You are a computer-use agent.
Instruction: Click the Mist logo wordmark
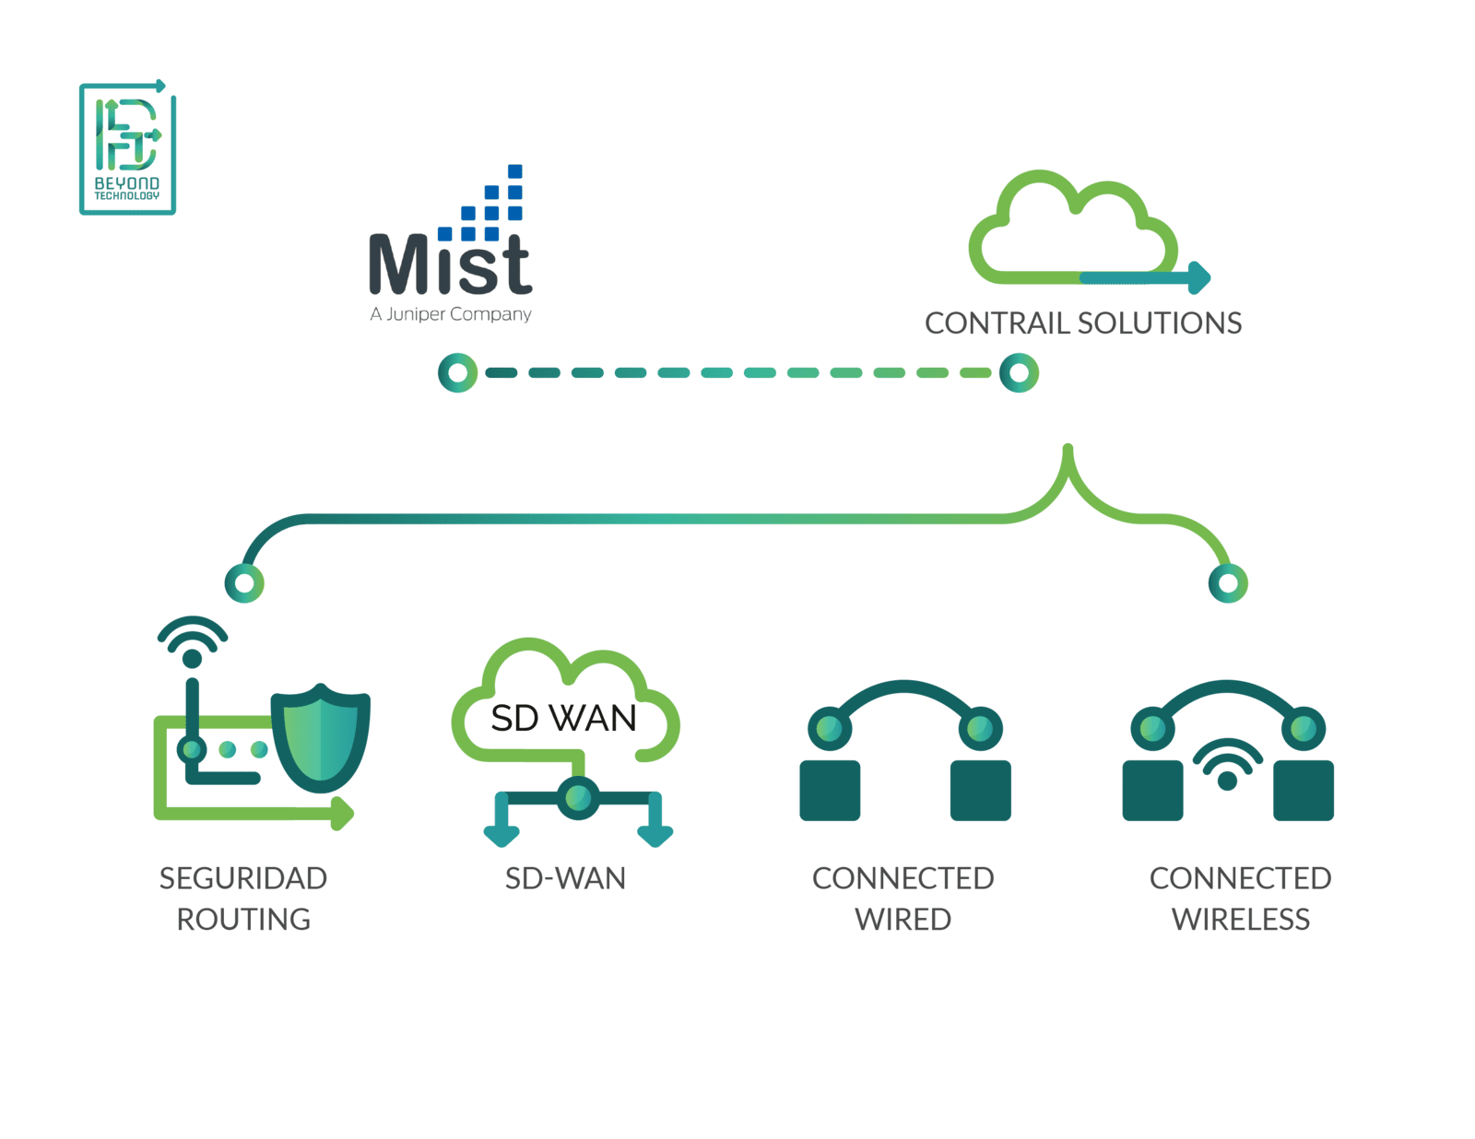[x=450, y=264]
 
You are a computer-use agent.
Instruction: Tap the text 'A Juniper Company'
[x=451, y=314]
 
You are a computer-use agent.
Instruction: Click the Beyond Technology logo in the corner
[x=127, y=148]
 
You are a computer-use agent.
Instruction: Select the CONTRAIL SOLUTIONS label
[x=1083, y=323]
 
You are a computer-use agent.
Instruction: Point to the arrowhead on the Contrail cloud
[x=1199, y=276]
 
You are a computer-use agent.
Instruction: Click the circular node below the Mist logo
[x=458, y=373]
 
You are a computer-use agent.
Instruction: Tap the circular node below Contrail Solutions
[x=1020, y=373]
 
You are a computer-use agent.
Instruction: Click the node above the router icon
[x=244, y=583]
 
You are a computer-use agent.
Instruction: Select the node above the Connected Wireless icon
[x=1228, y=583]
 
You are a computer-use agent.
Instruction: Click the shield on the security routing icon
[x=321, y=738]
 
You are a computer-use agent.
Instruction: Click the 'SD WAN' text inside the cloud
[x=563, y=719]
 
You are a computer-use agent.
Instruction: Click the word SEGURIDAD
[x=243, y=878]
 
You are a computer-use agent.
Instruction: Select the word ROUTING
[x=243, y=920]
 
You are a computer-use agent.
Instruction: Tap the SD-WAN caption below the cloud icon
[x=565, y=878]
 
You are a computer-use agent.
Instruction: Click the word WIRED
[x=903, y=920]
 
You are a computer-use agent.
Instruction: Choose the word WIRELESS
[x=1240, y=920]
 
